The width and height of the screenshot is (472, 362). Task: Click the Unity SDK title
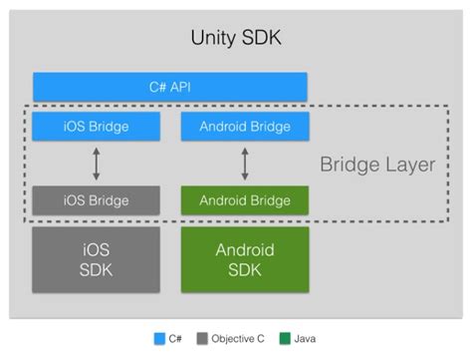[235, 38]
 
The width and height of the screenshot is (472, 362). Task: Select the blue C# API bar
[170, 87]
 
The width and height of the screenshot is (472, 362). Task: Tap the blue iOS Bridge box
[96, 127]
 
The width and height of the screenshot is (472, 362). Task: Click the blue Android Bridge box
[245, 127]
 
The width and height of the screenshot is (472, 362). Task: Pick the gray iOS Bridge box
[96, 199]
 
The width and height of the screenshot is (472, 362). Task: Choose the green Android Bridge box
[245, 199]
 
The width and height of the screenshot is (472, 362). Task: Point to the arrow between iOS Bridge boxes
[97, 164]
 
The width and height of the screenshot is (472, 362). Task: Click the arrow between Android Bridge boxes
[245, 164]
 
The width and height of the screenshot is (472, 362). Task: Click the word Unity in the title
[210, 38]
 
